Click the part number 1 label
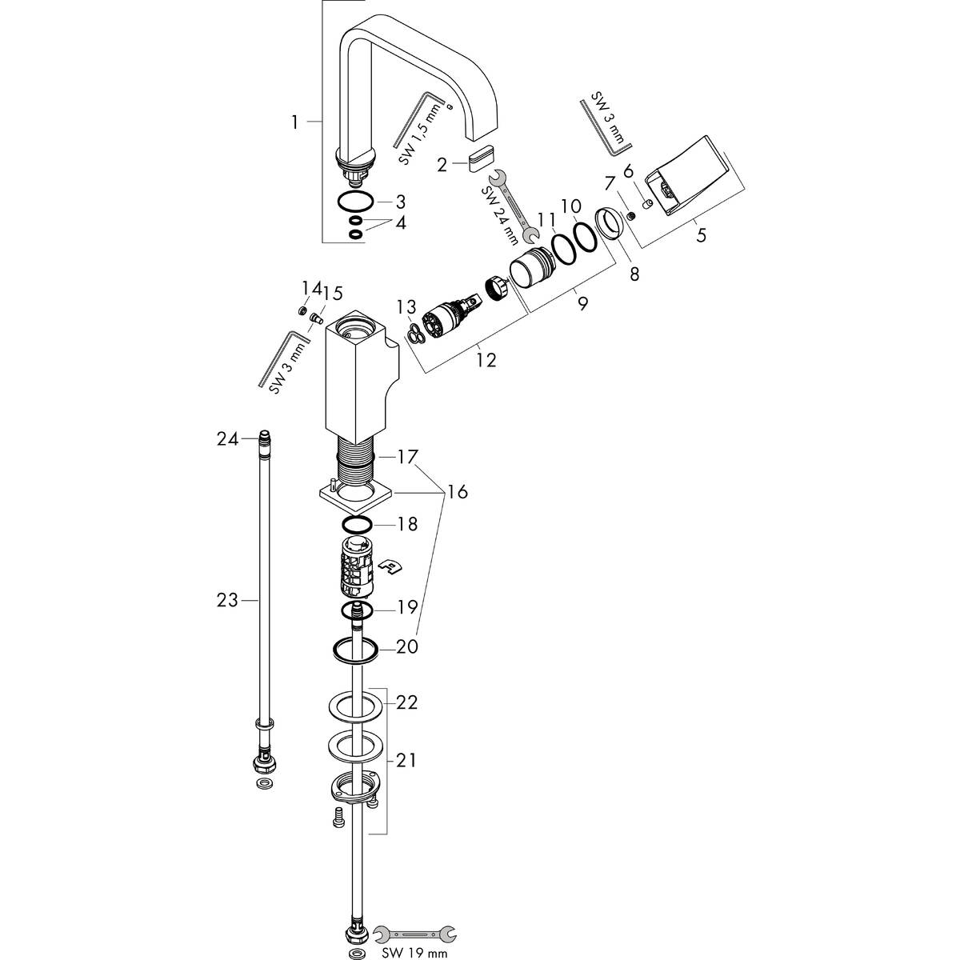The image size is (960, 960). pyautogui.click(x=294, y=122)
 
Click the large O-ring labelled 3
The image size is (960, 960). pyautogui.click(x=353, y=201)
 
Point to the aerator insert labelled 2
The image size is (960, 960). pyautogui.click(x=483, y=155)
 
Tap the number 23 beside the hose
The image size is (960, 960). pyautogui.click(x=227, y=599)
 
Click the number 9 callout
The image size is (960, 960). pyautogui.click(x=582, y=303)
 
